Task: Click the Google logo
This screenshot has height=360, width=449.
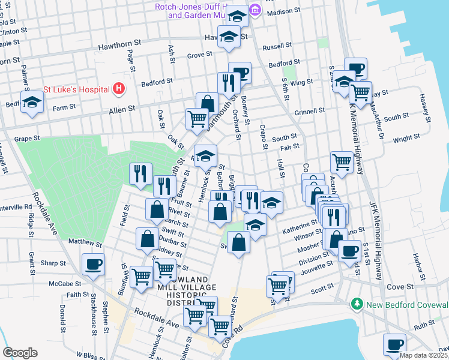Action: tap(20, 353)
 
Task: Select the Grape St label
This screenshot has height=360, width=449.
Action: tap(27, 138)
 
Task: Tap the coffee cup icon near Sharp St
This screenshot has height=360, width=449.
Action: tap(93, 263)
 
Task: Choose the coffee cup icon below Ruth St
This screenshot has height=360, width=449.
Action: tap(394, 344)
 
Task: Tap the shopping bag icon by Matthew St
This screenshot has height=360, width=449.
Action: tap(148, 239)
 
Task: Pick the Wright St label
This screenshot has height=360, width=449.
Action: tap(406, 139)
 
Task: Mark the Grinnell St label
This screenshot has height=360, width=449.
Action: tap(309, 110)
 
